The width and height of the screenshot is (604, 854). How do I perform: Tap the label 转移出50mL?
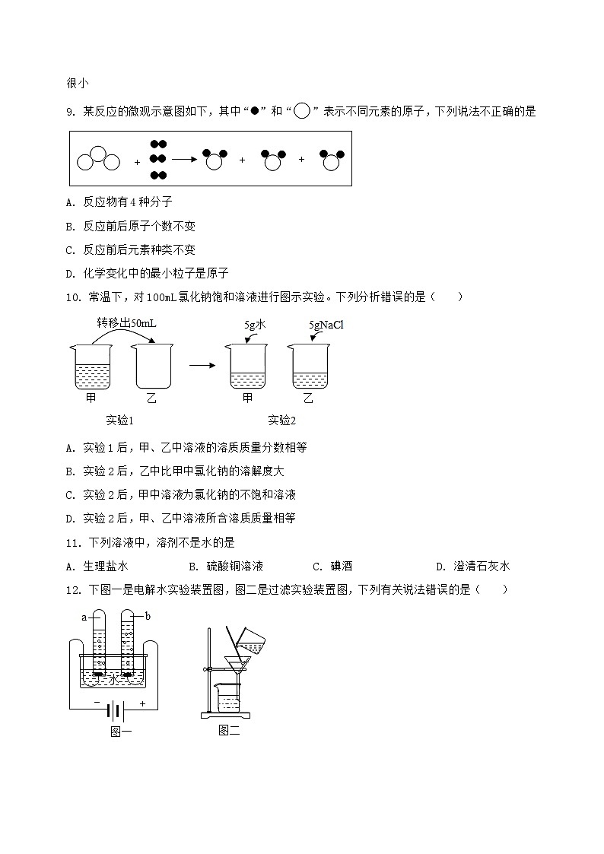click(x=126, y=323)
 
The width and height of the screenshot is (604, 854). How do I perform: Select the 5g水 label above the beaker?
click(x=255, y=325)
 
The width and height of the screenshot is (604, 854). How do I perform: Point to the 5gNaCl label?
click(x=326, y=325)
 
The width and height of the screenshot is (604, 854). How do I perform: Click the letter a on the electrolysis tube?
click(x=84, y=617)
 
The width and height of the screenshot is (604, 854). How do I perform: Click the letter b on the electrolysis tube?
click(x=148, y=616)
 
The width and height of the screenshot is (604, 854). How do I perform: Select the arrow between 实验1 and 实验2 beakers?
click(x=201, y=366)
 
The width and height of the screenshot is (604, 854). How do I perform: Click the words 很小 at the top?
click(x=78, y=84)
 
